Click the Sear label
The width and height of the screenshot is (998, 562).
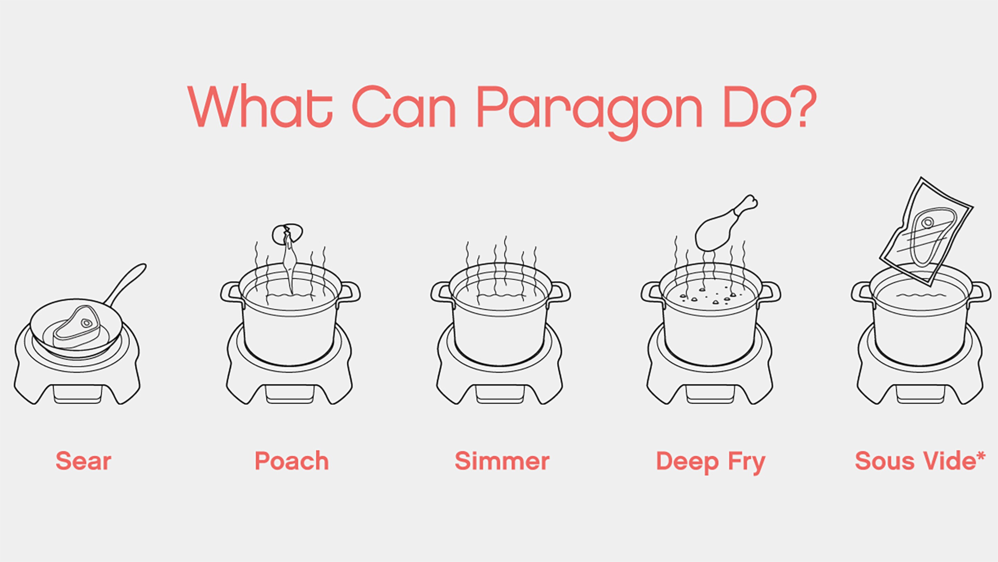point(83,461)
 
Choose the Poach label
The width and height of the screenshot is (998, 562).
point(292,461)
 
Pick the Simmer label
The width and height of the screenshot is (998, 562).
point(502,461)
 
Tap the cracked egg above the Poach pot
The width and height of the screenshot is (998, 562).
point(288,232)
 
